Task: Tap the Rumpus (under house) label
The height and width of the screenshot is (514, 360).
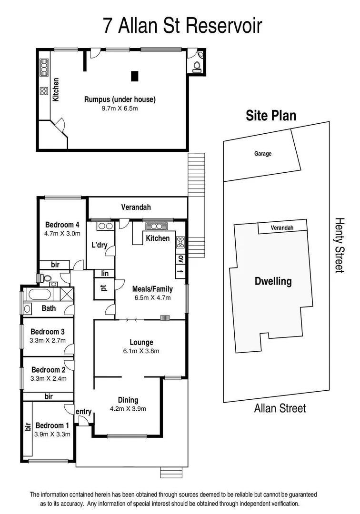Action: coord(120,99)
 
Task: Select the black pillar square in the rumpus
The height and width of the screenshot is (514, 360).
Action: coord(135,76)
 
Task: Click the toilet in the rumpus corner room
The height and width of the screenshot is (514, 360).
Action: coord(196,66)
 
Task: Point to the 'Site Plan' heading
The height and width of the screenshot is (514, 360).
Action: coord(270,116)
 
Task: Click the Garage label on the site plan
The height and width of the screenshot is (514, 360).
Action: coord(262,154)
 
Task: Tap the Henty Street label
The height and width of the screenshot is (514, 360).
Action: coord(339,245)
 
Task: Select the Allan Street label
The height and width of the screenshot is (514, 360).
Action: coord(280,408)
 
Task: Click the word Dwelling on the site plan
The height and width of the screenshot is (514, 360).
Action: coord(273,281)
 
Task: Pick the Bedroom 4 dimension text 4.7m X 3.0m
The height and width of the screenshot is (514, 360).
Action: coord(62,233)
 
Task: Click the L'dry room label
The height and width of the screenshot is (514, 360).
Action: coord(100,246)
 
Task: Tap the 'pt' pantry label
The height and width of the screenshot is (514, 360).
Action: coord(103,287)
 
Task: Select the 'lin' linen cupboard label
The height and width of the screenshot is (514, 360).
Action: coord(104,273)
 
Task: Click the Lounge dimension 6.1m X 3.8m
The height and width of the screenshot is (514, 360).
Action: coord(141,351)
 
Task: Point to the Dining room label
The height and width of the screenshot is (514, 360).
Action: coord(128,400)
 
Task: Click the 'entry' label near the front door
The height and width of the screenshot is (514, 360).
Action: coord(83,411)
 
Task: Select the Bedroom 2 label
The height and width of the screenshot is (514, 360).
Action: coord(48,370)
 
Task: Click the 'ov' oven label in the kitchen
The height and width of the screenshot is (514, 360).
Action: coord(180,259)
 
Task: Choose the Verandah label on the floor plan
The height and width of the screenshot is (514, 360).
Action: coord(136,207)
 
